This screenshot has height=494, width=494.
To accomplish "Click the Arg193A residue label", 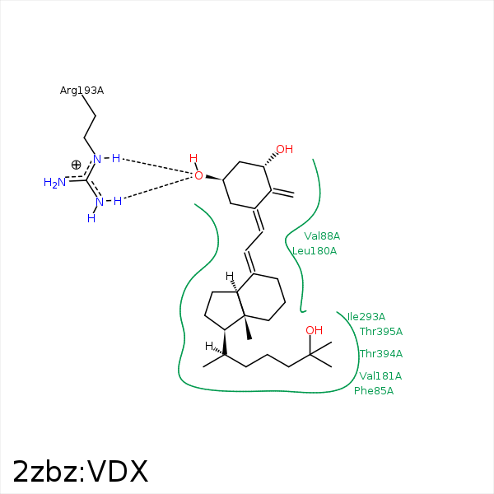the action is point(82,91).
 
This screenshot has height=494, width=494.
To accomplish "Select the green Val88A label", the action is point(322,236).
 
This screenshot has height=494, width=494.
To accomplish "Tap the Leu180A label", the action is point(315,251).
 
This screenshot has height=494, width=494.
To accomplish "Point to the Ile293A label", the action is point(366,317).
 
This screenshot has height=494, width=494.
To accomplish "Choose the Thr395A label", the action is point(381,332).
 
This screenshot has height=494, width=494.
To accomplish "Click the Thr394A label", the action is point(381,354).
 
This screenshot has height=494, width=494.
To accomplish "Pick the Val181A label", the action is point(380,376).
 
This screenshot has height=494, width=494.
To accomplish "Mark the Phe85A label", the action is point(374,390).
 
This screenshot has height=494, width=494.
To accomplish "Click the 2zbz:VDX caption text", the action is point(81,472).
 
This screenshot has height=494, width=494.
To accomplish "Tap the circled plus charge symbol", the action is point(76,165).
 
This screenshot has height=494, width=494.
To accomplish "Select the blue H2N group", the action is point(55,183).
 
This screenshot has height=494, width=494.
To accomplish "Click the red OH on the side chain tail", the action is point(315,330).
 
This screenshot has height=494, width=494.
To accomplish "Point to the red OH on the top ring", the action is point(285,149).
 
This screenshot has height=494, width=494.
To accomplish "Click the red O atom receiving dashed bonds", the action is point(198,176).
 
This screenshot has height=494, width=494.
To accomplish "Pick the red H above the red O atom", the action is point(193,158).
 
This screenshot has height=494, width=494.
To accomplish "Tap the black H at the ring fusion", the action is point(230,277).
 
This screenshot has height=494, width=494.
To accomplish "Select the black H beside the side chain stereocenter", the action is point(209,346).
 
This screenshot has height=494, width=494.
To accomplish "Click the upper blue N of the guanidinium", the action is point(97,159).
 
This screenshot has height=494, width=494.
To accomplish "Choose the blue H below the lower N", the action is point(91,218).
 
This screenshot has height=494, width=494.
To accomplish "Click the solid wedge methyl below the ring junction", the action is point(248,328).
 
